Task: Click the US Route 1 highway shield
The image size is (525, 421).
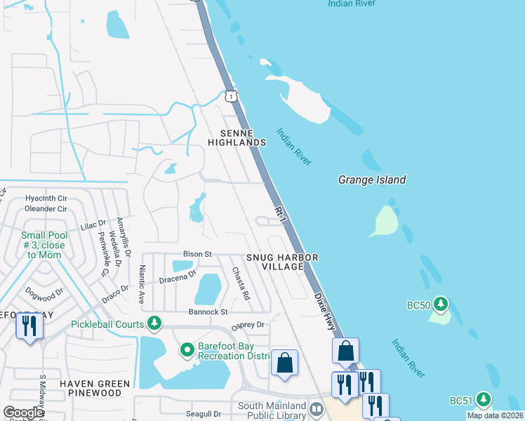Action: click(230, 95)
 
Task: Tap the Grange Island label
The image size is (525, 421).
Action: click(372, 180)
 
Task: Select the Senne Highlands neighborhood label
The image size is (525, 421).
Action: click(237, 138)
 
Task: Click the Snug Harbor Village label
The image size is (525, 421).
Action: click(282, 262)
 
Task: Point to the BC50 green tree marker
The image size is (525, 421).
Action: click(441, 304)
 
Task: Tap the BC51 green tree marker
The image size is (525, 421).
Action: click(483, 400)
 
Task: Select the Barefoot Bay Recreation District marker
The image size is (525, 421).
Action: click(187, 349)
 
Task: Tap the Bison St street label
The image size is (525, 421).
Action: click(198, 253)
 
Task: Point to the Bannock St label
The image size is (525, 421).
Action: click(208, 311)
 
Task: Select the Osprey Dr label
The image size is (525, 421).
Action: click(249, 325)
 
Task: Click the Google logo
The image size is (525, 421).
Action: click(23, 413)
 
